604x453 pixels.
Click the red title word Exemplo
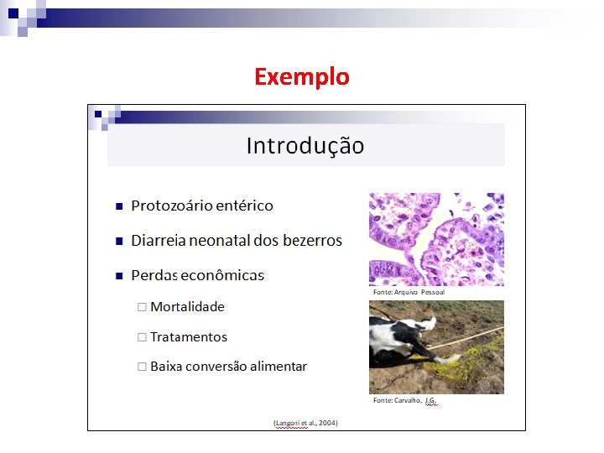(x=301, y=77)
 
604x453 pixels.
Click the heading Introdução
(x=305, y=146)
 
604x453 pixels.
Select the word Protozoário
(x=170, y=206)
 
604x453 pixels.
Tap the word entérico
(x=243, y=206)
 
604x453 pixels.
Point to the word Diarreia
(x=159, y=241)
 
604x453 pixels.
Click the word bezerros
(x=310, y=241)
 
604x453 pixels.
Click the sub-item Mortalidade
(x=187, y=307)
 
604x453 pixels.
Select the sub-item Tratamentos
(x=188, y=337)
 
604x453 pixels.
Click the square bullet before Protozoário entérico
(x=119, y=206)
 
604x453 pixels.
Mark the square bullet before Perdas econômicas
(x=119, y=276)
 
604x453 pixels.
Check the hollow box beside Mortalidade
(x=142, y=307)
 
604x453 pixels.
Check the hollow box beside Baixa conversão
(x=142, y=367)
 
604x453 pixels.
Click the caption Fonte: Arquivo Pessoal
(x=409, y=292)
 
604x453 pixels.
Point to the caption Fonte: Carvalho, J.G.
(x=404, y=401)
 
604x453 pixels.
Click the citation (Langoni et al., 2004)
(x=305, y=423)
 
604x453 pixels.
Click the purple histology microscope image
(x=436, y=239)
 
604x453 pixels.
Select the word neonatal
(x=220, y=241)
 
